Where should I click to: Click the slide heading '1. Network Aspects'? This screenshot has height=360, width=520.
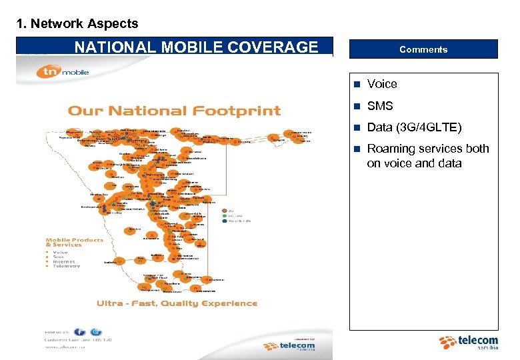(x=77, y=24)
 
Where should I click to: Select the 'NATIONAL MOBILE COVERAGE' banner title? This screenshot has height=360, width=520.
(x=196, y=47)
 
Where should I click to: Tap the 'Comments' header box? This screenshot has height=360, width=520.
(x=423, y=49)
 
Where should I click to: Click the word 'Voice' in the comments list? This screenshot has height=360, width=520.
(x=382, y=84)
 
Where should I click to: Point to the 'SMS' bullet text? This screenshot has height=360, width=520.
(x=380, y=106)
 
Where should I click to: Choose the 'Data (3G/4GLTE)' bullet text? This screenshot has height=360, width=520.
(x=414, y=127)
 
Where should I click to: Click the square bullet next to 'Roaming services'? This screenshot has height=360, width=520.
(x=357, y=149)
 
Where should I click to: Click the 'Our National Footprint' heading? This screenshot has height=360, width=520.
(x=175, y=111)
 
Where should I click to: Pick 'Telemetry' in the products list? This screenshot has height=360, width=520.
(x=67, y=266)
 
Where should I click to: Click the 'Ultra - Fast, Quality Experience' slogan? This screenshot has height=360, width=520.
(x=177, y=303)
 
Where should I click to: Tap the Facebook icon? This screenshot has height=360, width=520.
(x=80, y=332)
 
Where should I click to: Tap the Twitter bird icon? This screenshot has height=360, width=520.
(x=97, y=332)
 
